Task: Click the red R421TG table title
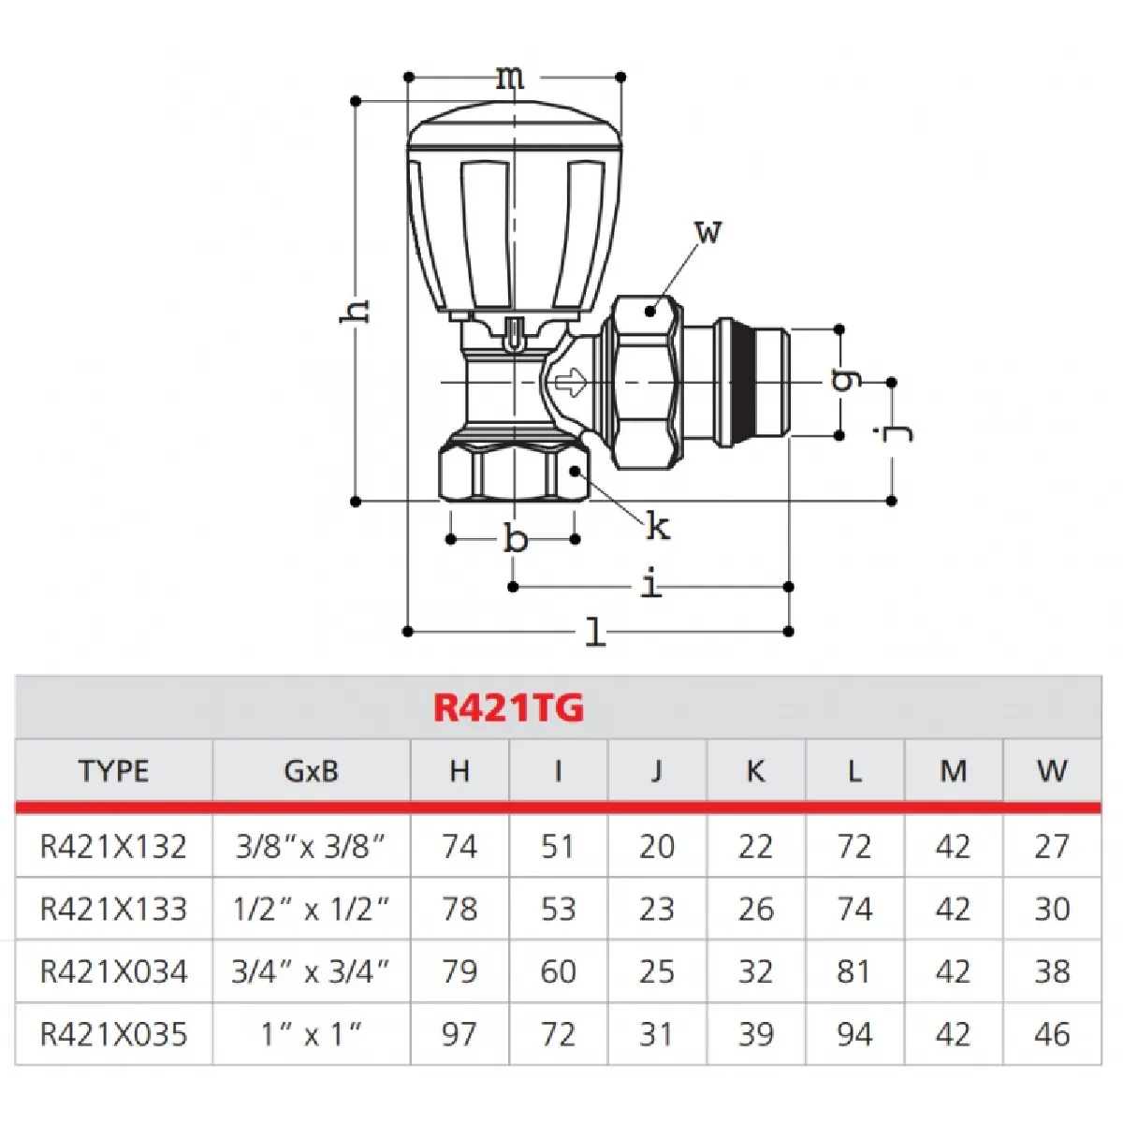click(508, 707)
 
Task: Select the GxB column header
click(311, 771)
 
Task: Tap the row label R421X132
click(113, 846)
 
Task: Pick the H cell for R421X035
click(459, 1034)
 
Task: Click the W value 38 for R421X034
click(1052, 971)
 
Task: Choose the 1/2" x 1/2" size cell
click(311, 909)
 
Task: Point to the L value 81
click(853, 971)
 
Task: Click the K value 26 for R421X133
click(755, 909)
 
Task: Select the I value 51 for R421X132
click(558, 846)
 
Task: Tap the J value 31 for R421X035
click(656, 1034)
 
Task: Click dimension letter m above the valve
click(510, 78)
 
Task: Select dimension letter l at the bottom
click(595, 633)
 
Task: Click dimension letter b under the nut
click(515, 540)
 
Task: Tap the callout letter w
click(708, 231)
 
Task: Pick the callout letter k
click(658, 527)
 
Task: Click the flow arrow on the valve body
click(570, 382)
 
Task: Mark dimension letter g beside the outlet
click(844, 379)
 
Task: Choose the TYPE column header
click(113, 771)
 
